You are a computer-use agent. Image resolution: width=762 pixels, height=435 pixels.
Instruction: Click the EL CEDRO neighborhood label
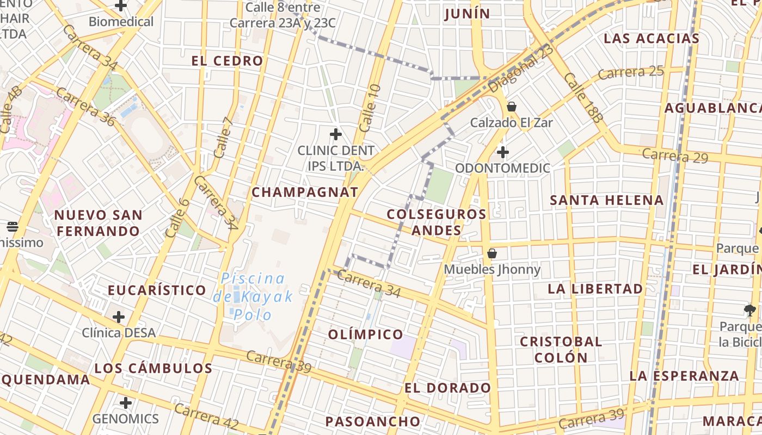228,61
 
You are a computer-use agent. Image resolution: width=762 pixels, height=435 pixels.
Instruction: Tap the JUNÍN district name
467,14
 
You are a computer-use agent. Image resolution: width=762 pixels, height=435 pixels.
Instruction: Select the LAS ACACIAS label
652,39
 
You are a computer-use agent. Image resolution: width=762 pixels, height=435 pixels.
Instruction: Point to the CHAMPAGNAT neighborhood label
305,192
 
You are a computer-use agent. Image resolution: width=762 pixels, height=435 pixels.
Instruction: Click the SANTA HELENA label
607,200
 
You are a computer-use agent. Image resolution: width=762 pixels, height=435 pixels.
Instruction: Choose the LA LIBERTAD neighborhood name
595,289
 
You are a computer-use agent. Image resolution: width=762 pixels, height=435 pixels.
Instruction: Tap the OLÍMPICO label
366,334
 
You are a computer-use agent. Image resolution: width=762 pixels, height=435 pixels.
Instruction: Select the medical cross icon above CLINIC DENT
336,134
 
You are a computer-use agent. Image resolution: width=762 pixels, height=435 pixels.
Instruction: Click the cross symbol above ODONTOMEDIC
503,152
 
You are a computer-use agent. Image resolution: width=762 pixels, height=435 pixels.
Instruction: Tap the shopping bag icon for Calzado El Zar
511,106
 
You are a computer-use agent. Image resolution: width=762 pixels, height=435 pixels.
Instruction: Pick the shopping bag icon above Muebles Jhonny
492,253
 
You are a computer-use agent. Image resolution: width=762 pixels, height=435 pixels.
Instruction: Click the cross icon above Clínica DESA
119,316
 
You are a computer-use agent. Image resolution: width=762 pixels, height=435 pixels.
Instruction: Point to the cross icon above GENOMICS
126,403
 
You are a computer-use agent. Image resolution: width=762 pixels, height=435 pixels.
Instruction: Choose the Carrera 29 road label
675,156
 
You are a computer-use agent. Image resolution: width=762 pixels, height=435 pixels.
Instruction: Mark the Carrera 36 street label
85,107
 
